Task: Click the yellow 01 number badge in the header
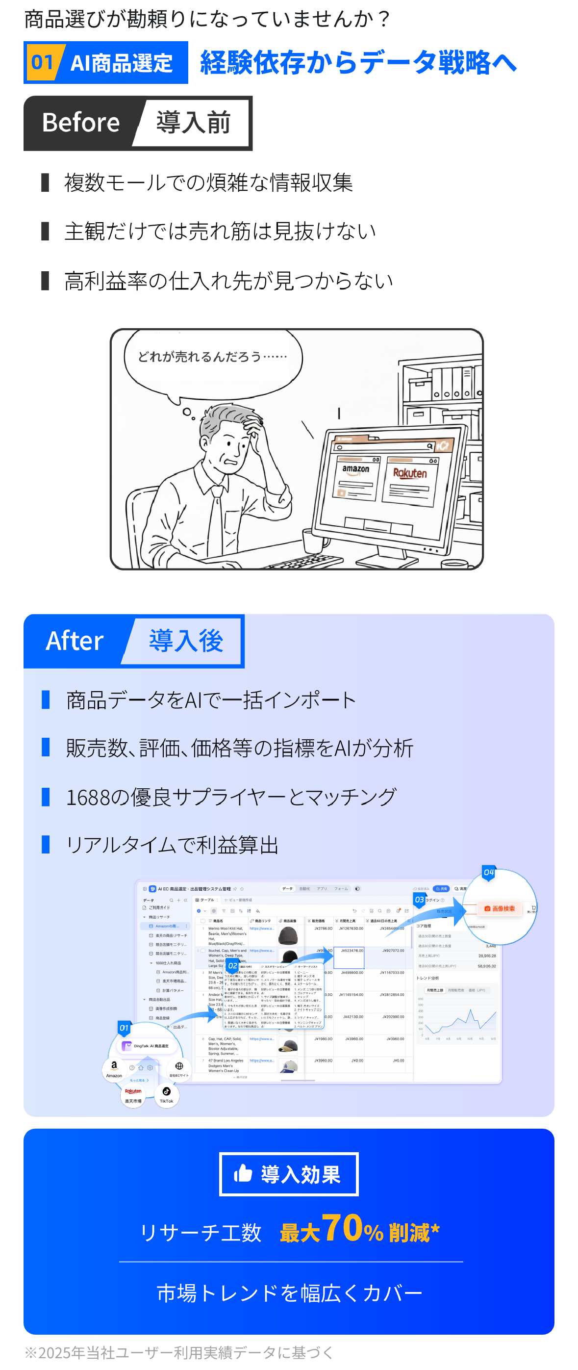(x=42, y=62)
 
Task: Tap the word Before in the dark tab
(x=81, y=123)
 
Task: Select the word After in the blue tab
(x=75, y=641)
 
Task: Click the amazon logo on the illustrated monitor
(x=356, y=469)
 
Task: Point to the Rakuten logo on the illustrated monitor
(x=410, y=473)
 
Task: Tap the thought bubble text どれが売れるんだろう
(x=212, y=356)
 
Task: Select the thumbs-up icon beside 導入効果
(x=243, y=1173)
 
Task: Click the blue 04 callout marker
(x=488, y=872)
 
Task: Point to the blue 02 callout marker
(x=232, y=965)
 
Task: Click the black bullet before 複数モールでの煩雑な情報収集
(x=45, y=182)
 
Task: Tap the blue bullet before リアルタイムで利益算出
(x=46, y=845)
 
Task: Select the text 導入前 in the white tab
(x=194, y=123)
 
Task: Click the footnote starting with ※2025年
(x=178, y=1352)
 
